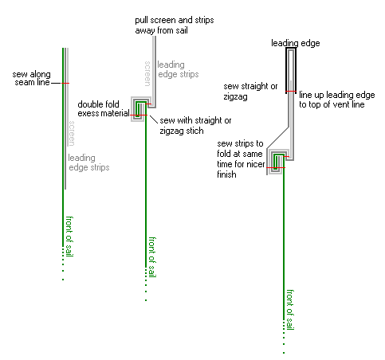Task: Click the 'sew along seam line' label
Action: tap(31, 78)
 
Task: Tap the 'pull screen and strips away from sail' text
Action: tap(175, 25)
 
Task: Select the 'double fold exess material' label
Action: tap(104, 108)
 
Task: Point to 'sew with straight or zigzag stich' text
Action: tap(195, 125)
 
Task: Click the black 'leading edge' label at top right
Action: tap(296, 43)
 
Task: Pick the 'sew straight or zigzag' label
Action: tap(250, 91)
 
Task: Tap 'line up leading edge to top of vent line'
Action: tap(337, 100)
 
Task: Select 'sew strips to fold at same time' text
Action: tap(241, 158)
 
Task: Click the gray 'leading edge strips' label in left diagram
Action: tap(88, 162)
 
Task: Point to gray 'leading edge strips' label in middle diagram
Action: tap(178, 69)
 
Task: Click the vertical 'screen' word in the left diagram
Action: tap(72, 133)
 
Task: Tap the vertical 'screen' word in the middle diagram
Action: tap(147, 73)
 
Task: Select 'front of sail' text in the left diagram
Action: tap(69, 237)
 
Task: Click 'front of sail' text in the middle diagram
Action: tap(152, 257)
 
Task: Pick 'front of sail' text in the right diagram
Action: tap(290, 310)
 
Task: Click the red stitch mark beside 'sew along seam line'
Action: tap(65, 84)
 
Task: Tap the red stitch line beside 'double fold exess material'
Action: tap(139, 115)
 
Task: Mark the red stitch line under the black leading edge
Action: tap(291, 92)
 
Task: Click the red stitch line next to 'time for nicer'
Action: tap(276, 168)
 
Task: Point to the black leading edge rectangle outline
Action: tap(286, 69)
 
